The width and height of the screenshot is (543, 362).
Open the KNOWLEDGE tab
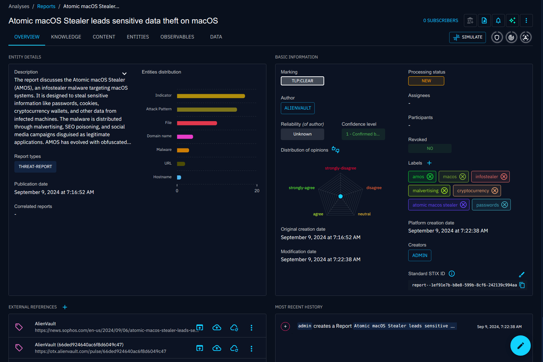(66, 37)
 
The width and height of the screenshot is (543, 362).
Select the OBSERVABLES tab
(177, 37)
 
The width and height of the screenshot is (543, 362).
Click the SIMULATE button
(467, 37)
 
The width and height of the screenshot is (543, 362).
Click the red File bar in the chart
(197, 123)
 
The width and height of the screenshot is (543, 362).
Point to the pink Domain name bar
(185, 137)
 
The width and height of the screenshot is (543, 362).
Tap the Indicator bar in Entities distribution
(211, 96)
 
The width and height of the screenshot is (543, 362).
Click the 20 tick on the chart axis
(257, 190)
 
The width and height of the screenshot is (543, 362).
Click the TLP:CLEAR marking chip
(302, 81)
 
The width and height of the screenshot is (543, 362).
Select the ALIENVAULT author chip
(298, 108)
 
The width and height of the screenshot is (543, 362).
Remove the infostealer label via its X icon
(504, 177)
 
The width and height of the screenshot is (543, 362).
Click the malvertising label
(425, 191)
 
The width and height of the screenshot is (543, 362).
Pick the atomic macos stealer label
(435, 205)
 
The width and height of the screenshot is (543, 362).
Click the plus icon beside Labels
(429, 163)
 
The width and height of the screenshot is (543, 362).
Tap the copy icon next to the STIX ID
(522, 285)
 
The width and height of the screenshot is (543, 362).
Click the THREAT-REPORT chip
(35, 167)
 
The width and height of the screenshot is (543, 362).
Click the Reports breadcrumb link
(46, 6)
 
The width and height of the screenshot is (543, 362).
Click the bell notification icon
(498, 21)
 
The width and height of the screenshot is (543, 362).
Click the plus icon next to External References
(65, 307)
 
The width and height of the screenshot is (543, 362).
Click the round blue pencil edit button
(520, 346)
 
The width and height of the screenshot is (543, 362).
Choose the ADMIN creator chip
(419, 256)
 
